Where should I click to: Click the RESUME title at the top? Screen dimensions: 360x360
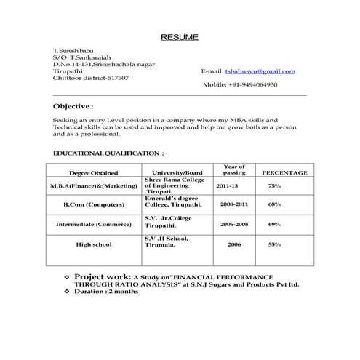[179, 37]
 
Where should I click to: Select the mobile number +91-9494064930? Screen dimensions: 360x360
[250, 85]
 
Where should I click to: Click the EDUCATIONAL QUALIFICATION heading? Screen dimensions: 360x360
[108, 153]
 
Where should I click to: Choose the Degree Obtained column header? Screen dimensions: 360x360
[93, 173]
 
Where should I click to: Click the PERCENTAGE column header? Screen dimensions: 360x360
[284, 173]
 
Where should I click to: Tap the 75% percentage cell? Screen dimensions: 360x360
[274, 186]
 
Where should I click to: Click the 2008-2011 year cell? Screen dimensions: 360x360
[234, 204]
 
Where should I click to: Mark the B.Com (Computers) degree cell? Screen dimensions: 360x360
[94, 204]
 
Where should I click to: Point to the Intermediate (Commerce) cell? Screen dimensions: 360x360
[94, 224]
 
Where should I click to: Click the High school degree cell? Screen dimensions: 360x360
[94, 244]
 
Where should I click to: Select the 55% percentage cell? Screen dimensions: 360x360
[274, 244]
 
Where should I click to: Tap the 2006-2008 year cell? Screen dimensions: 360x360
[234, 224]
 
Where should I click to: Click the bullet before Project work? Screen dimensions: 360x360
[67, 278]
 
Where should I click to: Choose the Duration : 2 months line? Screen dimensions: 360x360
[106, 292]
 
